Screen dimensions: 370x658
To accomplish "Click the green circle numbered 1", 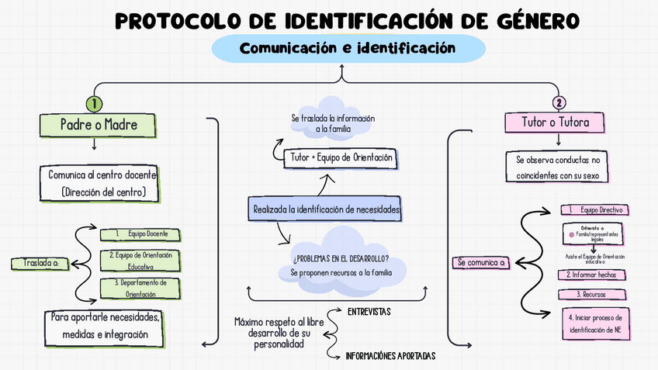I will pos(94,102).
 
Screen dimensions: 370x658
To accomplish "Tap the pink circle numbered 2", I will pos(559,102).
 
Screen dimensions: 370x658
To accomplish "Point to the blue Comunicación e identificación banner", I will pos(345,48).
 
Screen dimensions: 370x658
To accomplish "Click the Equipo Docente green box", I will pos(140,233).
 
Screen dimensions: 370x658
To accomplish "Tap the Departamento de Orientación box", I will pos(140,288).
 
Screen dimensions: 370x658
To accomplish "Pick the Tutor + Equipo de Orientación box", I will pos(341,158).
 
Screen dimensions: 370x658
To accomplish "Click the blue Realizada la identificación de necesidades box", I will pos(326,209).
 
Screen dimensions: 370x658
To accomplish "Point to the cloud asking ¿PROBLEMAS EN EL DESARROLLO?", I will pos(341,264).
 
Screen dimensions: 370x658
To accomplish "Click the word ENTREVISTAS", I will pos(369,312).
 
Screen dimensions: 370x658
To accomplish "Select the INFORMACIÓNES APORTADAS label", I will pos(390,356).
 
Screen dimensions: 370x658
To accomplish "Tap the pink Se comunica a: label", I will pos(481,263).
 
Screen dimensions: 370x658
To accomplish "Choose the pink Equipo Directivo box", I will pos(594,210).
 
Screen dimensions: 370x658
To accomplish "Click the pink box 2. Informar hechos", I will pos(594,275).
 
